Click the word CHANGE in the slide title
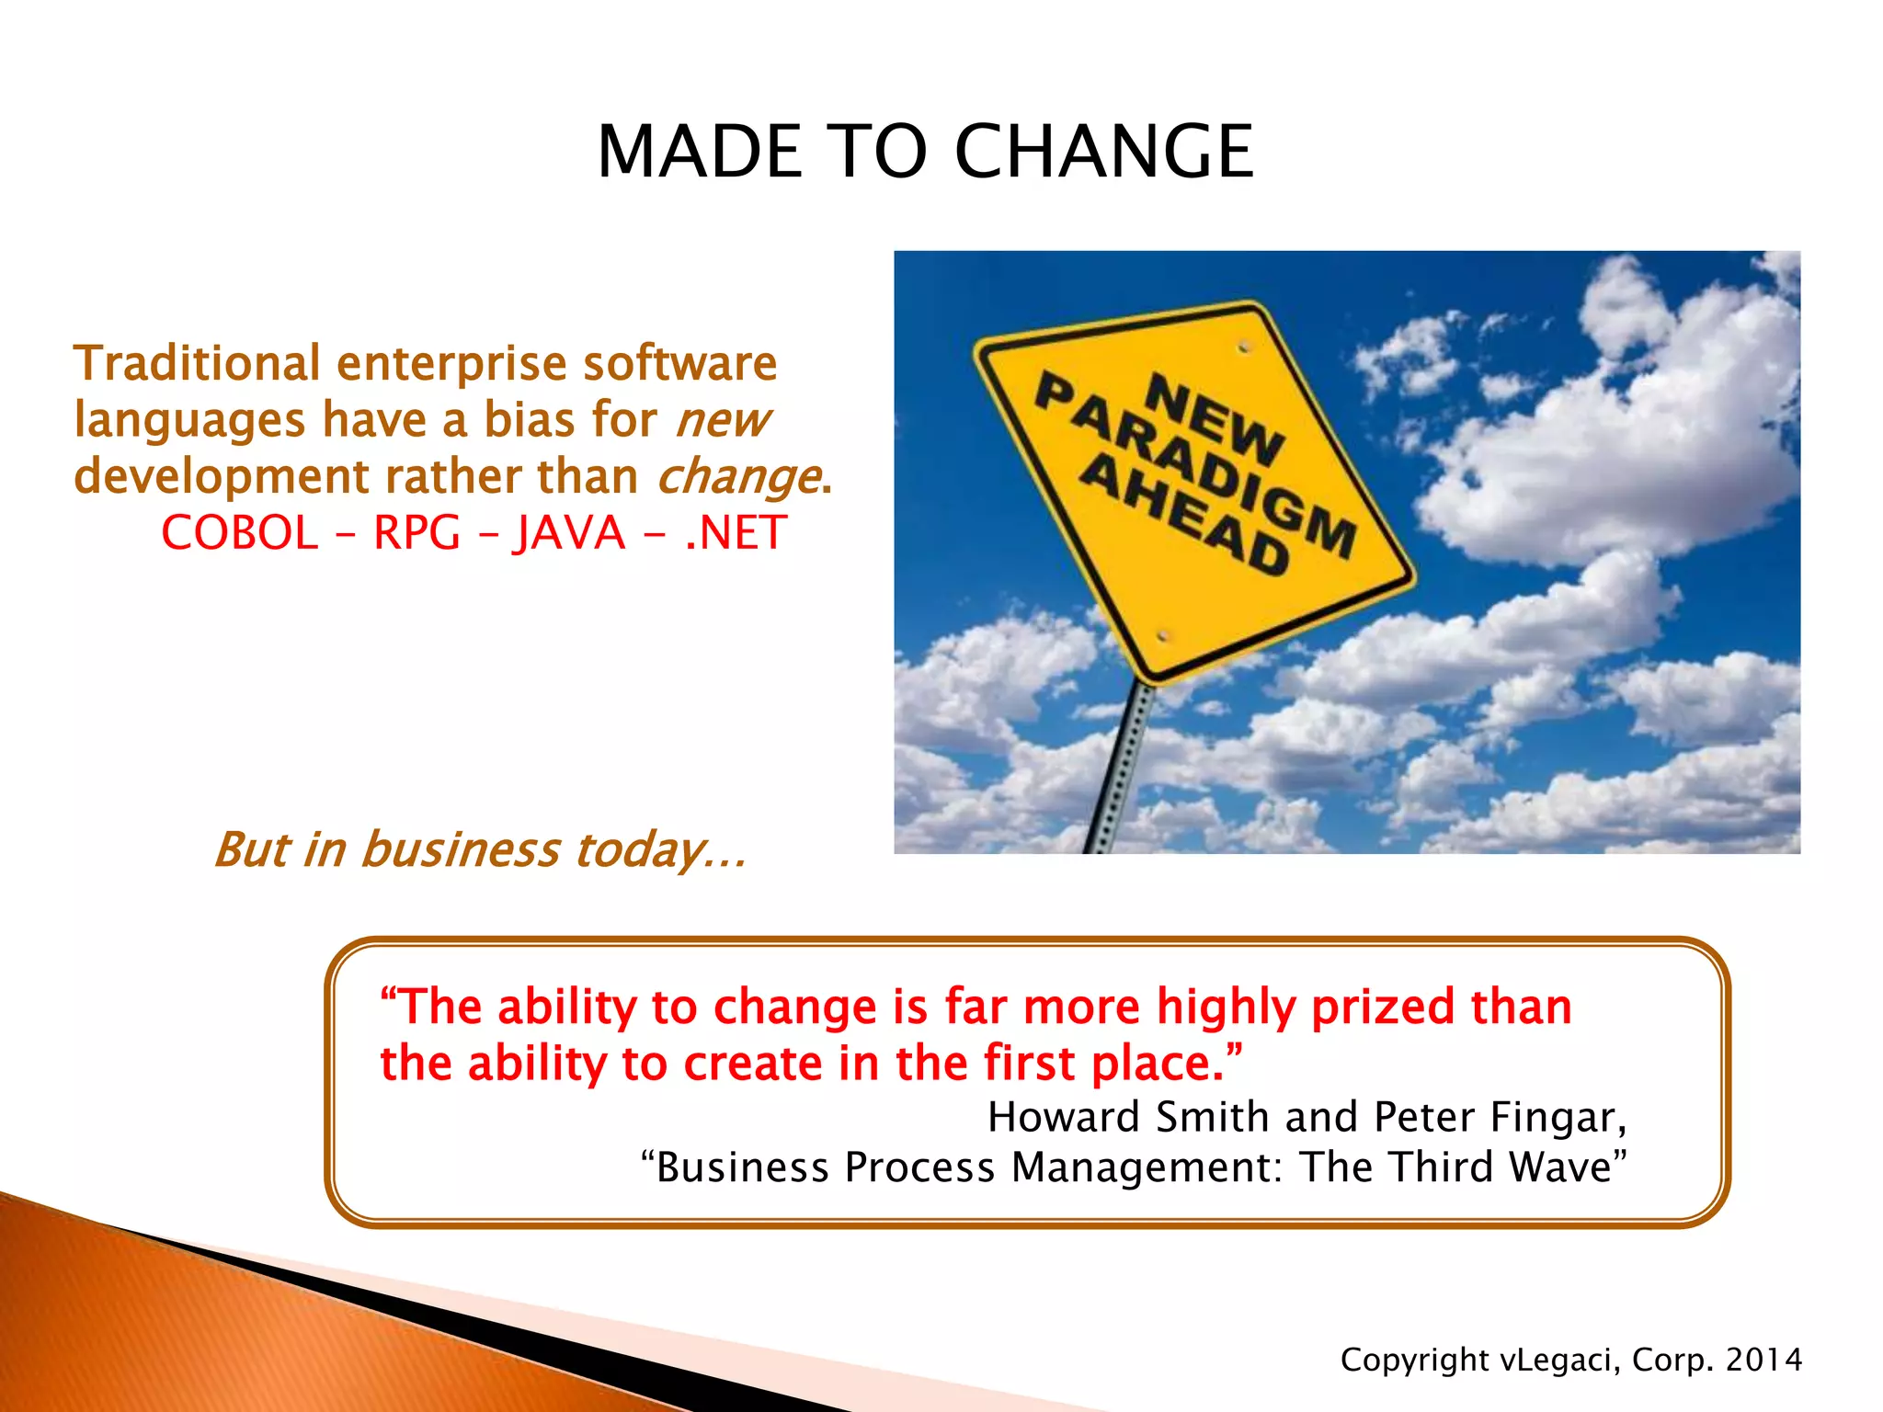tap(1103, 152)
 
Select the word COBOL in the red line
tap(239, 533)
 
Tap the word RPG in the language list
tap(416, 533)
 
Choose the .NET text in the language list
tap(736, 533)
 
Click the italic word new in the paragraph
tap(723, 421)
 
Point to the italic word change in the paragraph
tap(738, 478)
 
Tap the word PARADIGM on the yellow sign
tap(1195, 469)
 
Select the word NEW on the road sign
tap(1214, 418)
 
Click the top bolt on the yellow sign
tap(1244, 347)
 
